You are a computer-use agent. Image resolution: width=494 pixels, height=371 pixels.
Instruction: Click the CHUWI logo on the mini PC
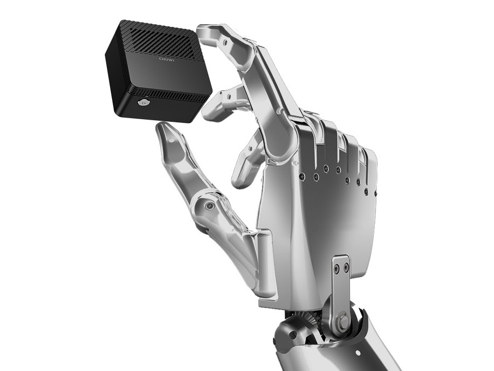(167, 59)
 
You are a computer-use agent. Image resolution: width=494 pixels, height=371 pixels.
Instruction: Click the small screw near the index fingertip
(224, 41)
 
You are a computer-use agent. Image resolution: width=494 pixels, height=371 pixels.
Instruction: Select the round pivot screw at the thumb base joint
(209, 206)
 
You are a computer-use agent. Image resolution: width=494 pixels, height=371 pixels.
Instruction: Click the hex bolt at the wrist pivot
(343, 320)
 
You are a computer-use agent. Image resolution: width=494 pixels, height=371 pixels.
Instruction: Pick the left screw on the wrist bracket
(338, 268)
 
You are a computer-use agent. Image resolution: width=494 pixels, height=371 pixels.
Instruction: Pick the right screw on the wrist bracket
(346, 268)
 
